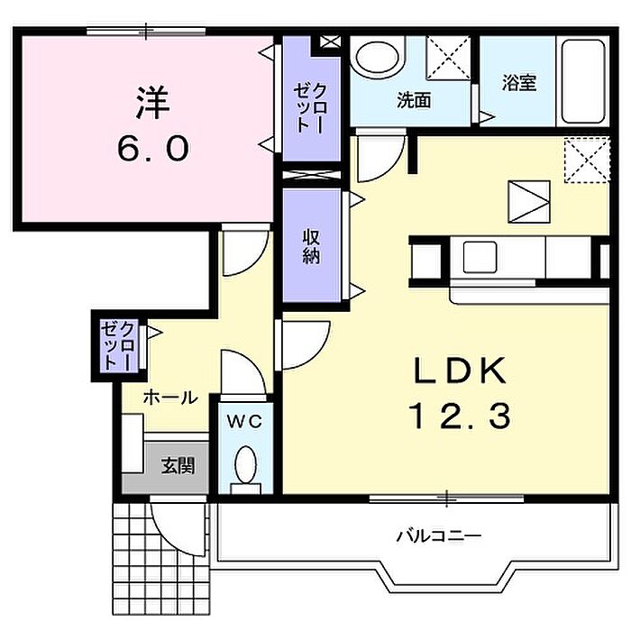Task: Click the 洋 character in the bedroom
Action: click(x=152, y=103)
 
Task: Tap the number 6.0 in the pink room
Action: click(x=153, y=148)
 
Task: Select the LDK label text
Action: click(x=461, y=370)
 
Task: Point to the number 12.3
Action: click(x=460, y=416)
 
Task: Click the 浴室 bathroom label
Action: click(x=518, y=83)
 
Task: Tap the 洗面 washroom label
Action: click(x=414, y=100)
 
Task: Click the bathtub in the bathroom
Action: click(x=583, y=82)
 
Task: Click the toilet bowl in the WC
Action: click(x=245, y=465)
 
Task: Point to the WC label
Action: click(x=244, y=421)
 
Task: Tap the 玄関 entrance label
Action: click(x=178, y=466)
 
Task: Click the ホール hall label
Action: click(x=170, y=398)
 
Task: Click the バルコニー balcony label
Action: click(x=439, y=536)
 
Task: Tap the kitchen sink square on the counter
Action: click(x=480, y=258)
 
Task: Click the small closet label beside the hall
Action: click(x=117, y=345)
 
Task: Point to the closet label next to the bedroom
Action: click(x=310, y=107)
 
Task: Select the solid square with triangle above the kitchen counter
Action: click(x=529, y=202)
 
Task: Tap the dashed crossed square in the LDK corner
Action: click(x=587, y=160)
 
